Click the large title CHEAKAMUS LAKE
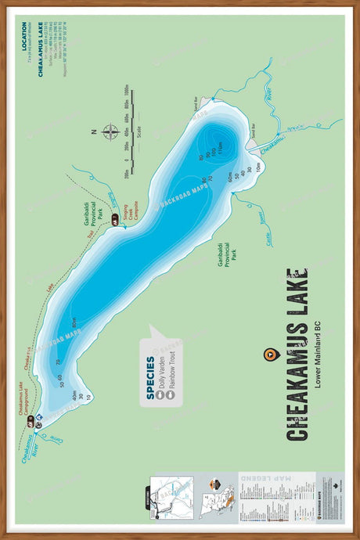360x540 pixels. click(297, 354)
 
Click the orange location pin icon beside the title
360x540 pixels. click(271, 355)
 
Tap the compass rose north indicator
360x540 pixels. click(110, 131)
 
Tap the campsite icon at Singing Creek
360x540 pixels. click(115, 223)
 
